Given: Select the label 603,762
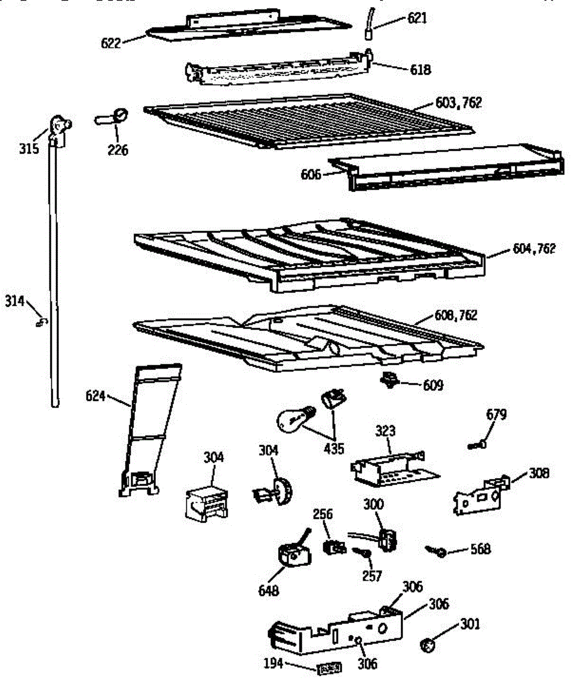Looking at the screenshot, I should (x=459, y=103).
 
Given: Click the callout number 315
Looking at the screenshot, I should (x=28, y=149).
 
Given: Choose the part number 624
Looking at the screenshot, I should (x=96, y=394).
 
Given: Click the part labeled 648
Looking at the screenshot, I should (x=295, y=554).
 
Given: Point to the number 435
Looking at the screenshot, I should (x=334, y=449).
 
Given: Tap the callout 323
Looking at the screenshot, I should (x=385, y=431).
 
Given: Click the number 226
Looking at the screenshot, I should (x=119, y=150).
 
